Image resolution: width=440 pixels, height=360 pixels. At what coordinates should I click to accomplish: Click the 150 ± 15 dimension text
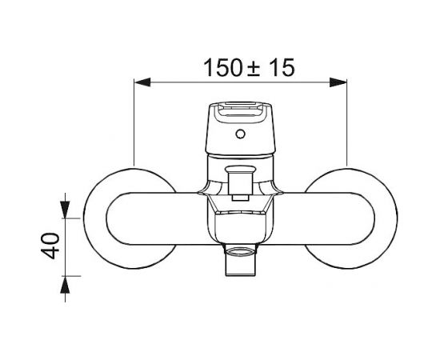(x=249, y=68)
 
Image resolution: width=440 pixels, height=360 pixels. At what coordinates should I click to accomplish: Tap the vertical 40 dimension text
(x=50, y=246)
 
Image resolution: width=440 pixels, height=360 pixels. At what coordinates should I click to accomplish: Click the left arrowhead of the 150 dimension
(x=142, y=82)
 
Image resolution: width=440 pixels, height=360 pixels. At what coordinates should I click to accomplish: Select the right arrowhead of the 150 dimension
(x=338, y=82)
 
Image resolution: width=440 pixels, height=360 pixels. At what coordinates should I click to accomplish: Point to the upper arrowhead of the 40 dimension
(x=65, y=210)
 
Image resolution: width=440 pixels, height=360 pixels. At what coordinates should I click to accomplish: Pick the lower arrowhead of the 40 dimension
(x=65, y=285)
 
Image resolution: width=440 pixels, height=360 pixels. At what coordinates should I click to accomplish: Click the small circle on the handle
(x=240, y=134)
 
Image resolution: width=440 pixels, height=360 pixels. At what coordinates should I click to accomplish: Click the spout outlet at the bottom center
(x=241, y=260)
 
